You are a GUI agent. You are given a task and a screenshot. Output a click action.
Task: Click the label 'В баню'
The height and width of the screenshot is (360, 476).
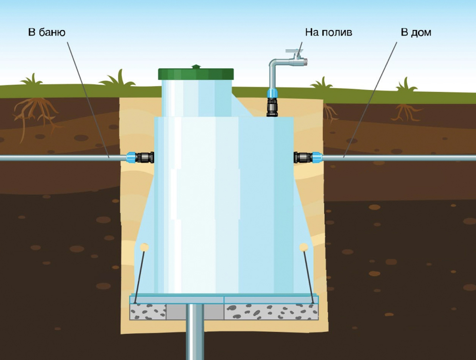[x=47, y=32]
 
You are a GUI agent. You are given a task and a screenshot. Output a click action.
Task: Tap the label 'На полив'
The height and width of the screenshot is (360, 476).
[x=328, y=32]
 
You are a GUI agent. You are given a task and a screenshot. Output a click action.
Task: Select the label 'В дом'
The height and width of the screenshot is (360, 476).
[x=416, y=32]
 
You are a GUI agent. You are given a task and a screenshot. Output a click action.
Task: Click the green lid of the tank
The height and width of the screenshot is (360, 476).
[x=196, y=74]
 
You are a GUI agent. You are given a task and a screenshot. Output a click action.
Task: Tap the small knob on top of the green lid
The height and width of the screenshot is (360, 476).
[x=196, y=66]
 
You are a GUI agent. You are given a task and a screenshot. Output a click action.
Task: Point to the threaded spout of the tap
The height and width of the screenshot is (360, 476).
[x=305, y=62]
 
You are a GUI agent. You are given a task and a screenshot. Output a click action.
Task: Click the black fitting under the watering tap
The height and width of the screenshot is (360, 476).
[x=272, y=107]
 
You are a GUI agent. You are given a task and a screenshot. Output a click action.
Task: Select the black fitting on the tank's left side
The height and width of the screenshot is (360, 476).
[x=145, y=158]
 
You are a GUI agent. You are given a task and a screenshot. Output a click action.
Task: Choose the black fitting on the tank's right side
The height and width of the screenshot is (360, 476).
[x=303, y=158]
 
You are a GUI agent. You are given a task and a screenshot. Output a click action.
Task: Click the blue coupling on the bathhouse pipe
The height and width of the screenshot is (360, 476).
[x=131, y=158]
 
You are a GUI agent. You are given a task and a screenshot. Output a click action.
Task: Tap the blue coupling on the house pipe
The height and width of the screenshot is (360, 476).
[x=317, y=158]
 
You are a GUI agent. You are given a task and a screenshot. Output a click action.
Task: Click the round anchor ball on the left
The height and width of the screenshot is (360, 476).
[x=144, y=247]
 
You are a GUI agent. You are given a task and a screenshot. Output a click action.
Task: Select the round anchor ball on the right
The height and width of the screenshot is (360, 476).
[x=304, y=247]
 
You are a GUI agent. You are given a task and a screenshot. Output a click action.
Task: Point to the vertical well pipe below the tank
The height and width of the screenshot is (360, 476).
[x=195, y=331]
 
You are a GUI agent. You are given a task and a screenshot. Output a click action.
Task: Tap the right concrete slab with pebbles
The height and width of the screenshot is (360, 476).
[x=271, y=312]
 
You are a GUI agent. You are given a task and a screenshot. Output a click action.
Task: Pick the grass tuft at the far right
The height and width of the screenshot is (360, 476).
[x=406, y=85]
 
